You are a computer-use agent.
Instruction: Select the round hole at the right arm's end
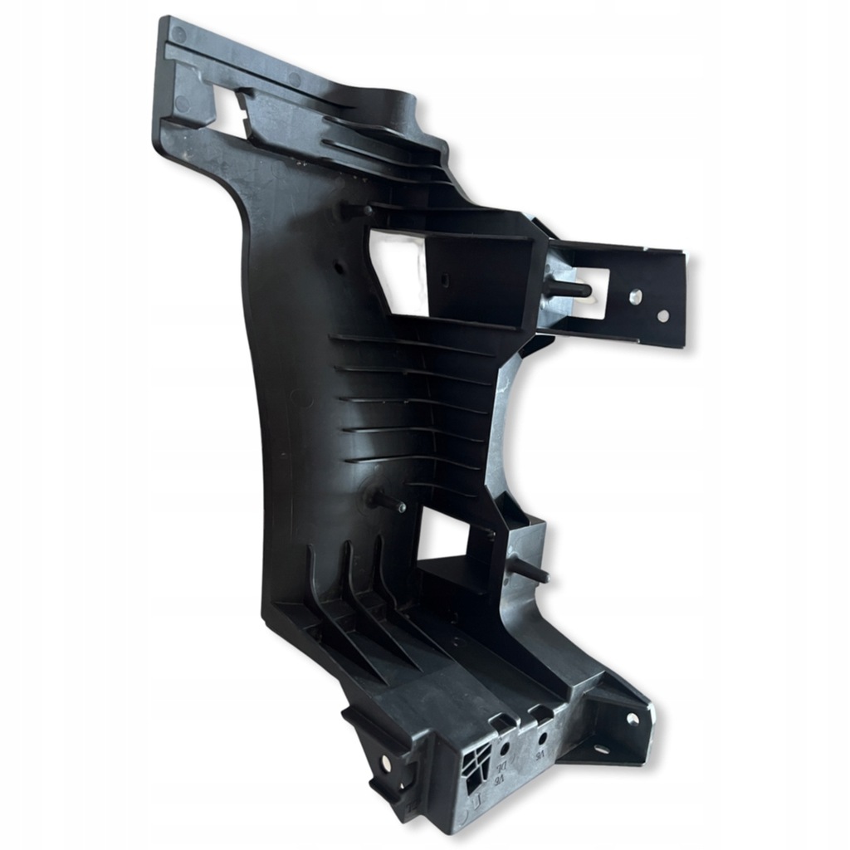click(662, 315)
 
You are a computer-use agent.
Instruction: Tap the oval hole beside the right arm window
click(634, 296)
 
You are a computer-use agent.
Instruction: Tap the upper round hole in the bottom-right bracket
click(633, 719)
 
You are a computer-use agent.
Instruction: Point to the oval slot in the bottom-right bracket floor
click(600, 750)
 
